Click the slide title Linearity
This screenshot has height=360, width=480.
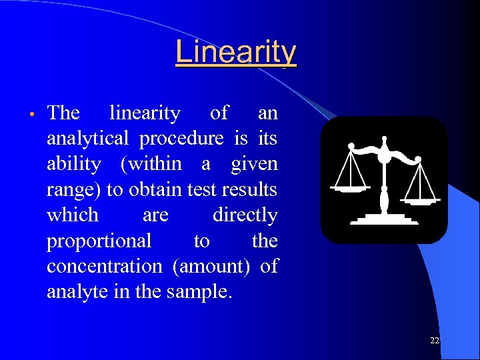click(x=236, y=52)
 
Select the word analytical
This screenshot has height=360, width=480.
click(x=87, y=139)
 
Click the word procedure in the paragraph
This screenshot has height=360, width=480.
click(x=182, y=139)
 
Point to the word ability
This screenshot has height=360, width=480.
click(x=74, y=164)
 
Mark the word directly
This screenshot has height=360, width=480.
click(x=245, y=215)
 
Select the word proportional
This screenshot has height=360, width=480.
click(x=99, y=241)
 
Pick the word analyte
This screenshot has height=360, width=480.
click(x=73, y=291)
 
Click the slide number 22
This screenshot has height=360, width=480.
click(x=435, y=341)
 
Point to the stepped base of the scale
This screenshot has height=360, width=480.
click(x=384, y=218)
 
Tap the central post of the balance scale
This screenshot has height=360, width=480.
click(x=384, y=180)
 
